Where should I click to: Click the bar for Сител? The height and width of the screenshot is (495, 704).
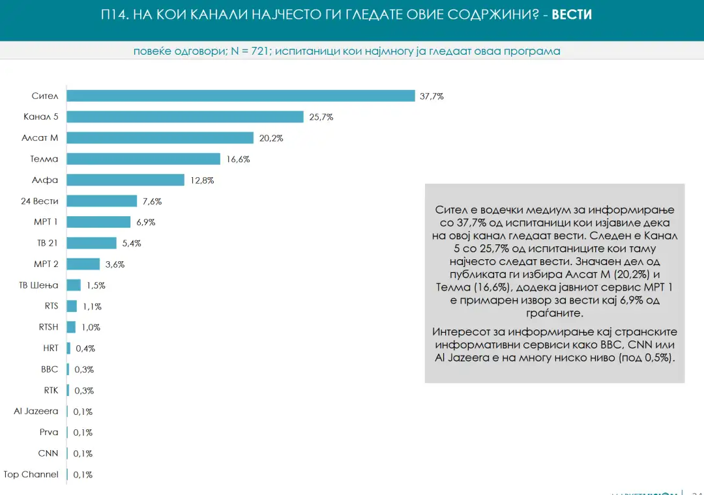point(241,96)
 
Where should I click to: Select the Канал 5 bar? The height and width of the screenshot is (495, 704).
point(185,117)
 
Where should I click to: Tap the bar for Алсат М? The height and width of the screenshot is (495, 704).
point(160,138)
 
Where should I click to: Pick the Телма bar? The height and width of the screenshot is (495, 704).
point(143,159)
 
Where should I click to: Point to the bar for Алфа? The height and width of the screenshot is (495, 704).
point(125,180)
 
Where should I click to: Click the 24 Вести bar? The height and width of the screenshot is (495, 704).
point(102,201)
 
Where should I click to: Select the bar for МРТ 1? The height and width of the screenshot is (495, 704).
point(98,222)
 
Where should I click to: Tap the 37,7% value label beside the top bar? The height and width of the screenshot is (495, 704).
point(432,96)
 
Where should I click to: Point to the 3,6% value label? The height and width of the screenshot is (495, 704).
point(114,264)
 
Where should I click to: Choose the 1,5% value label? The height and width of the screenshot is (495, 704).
point(95,285)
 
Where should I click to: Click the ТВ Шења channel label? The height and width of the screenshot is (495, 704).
point(39,285)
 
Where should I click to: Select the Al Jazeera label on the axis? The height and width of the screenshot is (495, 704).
point(36,411)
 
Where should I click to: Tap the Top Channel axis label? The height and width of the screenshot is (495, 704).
point(31,474)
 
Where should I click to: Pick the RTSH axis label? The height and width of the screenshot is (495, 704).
point(48,327)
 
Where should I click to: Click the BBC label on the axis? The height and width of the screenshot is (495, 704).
point(50,369)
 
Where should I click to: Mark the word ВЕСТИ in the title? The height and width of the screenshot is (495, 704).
point(572,14)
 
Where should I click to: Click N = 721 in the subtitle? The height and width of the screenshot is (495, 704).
point(248,51)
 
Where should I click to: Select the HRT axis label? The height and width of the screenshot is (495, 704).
point(51,348)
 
